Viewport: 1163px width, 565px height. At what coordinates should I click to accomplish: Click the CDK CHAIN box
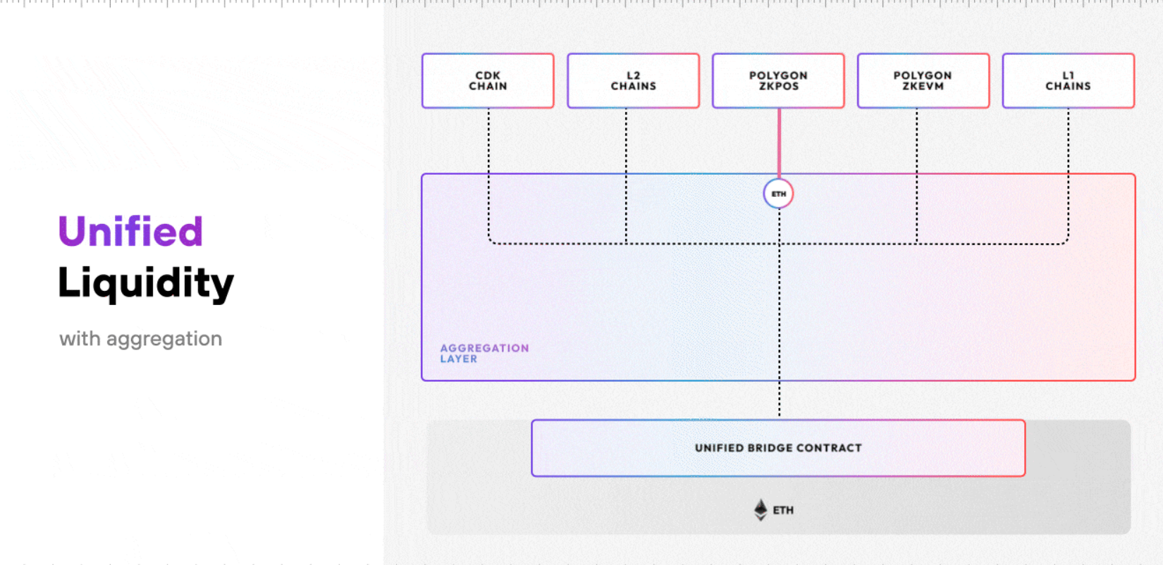point(488,81)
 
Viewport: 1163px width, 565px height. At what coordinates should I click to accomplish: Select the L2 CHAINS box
point(634,81)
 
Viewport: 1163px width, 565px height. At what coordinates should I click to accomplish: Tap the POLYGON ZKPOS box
point(778,81)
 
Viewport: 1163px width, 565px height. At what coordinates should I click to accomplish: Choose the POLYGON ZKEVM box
point(923,81)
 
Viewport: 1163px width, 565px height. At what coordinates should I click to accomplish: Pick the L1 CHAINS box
point(1069,81)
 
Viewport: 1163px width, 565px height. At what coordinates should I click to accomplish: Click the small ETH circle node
point(778,194)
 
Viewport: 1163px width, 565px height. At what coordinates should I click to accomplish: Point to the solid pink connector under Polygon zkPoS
point(780,143)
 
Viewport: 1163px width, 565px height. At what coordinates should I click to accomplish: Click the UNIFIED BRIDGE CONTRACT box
point(778,448)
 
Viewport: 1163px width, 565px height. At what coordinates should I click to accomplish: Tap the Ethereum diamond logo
point(761,510)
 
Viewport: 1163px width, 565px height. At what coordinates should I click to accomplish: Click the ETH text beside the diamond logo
point(783,511)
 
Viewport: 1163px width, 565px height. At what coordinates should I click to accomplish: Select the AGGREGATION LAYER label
point(484,354)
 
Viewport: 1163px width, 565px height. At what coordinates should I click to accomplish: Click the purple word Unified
point(130,231)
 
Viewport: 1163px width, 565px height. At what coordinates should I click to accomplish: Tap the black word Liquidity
point(146,283)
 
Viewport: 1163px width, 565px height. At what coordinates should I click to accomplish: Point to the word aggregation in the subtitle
point(164,340)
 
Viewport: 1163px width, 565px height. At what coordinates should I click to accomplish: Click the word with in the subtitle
point(80,339)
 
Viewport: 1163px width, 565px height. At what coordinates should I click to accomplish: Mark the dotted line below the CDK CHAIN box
point(488,175)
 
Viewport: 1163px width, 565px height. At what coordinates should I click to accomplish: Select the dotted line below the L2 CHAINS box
point(626,175)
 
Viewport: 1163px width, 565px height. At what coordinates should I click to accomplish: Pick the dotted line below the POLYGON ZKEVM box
point(917,175)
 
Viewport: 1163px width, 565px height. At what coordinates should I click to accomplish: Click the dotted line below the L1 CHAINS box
point(1069,175)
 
